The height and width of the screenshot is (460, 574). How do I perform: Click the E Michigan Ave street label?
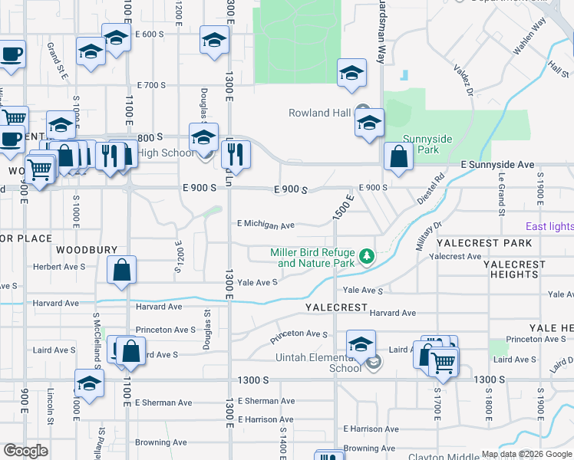coord(266,225)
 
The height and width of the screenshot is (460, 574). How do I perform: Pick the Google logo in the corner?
coord(25,451)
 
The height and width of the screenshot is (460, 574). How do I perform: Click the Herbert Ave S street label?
coord(59,267)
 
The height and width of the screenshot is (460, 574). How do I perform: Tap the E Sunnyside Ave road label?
coord(497,165)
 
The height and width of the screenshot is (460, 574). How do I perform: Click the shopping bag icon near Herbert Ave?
coord(122,271)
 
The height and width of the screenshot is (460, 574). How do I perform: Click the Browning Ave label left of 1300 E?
coord(161,442)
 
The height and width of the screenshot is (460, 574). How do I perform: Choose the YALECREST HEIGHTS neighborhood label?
coord(514,269)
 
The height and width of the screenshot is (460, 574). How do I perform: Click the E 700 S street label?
coord(150,85)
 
